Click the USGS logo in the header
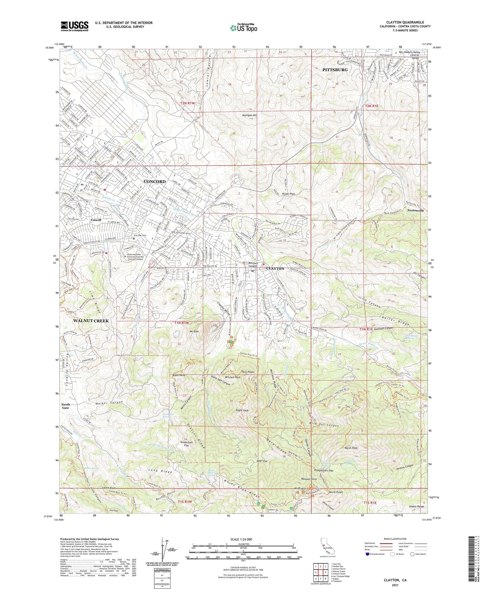[74, 26]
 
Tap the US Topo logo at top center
[243, 28]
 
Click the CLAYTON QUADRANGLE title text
[405, 22]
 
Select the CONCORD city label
[155, 181]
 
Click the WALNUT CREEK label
[91, 321]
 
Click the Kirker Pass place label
[288, 194]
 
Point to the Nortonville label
[416, 211]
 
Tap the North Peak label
[351, 448]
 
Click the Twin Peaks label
[248, 372]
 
